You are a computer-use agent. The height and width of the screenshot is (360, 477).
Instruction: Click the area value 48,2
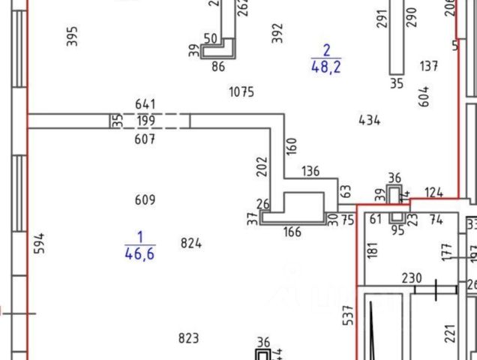coord(326,66)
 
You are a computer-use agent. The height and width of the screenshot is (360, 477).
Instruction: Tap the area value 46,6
coord(139,253)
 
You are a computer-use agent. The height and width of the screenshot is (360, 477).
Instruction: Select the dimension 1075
coord(241,92)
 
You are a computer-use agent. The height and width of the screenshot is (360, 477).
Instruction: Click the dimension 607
coord(145,139)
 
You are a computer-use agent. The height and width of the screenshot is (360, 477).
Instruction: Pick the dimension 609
coord(145,199)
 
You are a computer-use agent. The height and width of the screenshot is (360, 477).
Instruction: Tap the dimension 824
coord(191,242)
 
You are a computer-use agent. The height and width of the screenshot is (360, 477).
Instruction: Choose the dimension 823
coord(189,338)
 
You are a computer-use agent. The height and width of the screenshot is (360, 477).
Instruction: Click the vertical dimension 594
coord(40,243)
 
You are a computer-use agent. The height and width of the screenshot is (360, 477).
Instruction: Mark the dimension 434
coord(370,120)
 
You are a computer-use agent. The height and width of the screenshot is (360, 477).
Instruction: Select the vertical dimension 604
coord(424,96)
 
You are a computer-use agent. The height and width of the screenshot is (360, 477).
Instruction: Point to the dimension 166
coord(292,232)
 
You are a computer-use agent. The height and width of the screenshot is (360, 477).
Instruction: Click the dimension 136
coord(310,171)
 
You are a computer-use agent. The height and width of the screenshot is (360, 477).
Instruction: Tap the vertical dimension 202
coord(262,166)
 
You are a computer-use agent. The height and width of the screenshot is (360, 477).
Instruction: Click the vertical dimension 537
coord(348,316)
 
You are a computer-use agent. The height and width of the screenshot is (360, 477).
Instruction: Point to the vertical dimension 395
coord(72,36)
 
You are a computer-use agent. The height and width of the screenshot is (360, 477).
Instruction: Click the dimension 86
coord(218,67)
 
